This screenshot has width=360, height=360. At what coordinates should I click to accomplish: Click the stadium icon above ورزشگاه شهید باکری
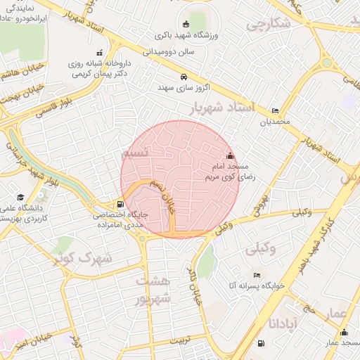coord(185,23)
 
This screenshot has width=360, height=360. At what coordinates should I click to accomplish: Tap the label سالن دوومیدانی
coord(168,51)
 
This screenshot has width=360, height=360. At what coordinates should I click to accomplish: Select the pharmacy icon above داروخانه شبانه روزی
coord(99,52)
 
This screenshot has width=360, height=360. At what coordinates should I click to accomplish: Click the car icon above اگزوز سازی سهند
coord(184,76)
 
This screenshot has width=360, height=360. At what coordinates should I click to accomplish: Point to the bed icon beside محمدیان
coord(274,110)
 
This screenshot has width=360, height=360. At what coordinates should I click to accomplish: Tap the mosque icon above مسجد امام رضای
coord(229,155)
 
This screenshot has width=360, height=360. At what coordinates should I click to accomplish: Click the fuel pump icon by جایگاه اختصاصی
coord(109,205)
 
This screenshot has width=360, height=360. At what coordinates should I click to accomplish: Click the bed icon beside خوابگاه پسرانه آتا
coord(257,275)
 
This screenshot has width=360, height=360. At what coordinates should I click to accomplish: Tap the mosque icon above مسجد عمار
coord(344,333)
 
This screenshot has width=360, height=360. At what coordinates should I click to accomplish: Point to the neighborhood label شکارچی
coord(269,25)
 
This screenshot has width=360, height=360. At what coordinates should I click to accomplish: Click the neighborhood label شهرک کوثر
coord(83,257)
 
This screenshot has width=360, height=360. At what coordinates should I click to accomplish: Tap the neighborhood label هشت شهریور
coord(153,290)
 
